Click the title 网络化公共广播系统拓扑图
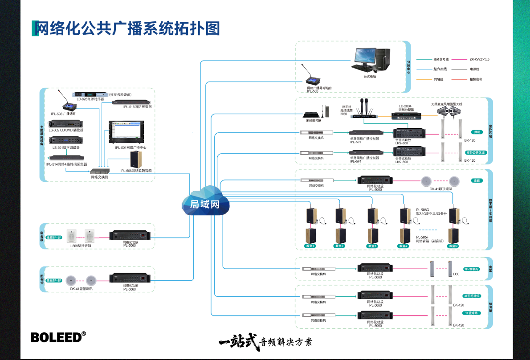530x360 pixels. click(x=126, y=28)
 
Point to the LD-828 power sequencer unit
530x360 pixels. click(x=91, y=94)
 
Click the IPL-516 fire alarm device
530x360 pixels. click(x=131, y=102)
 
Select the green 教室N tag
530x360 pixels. click(x=453, y=246)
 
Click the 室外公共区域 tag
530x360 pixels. click(x=476, y=152)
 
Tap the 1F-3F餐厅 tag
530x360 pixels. click(x=472, y=269)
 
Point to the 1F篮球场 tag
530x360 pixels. click(x=472, y=313)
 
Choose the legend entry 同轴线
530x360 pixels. click(x=438, y=79)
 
